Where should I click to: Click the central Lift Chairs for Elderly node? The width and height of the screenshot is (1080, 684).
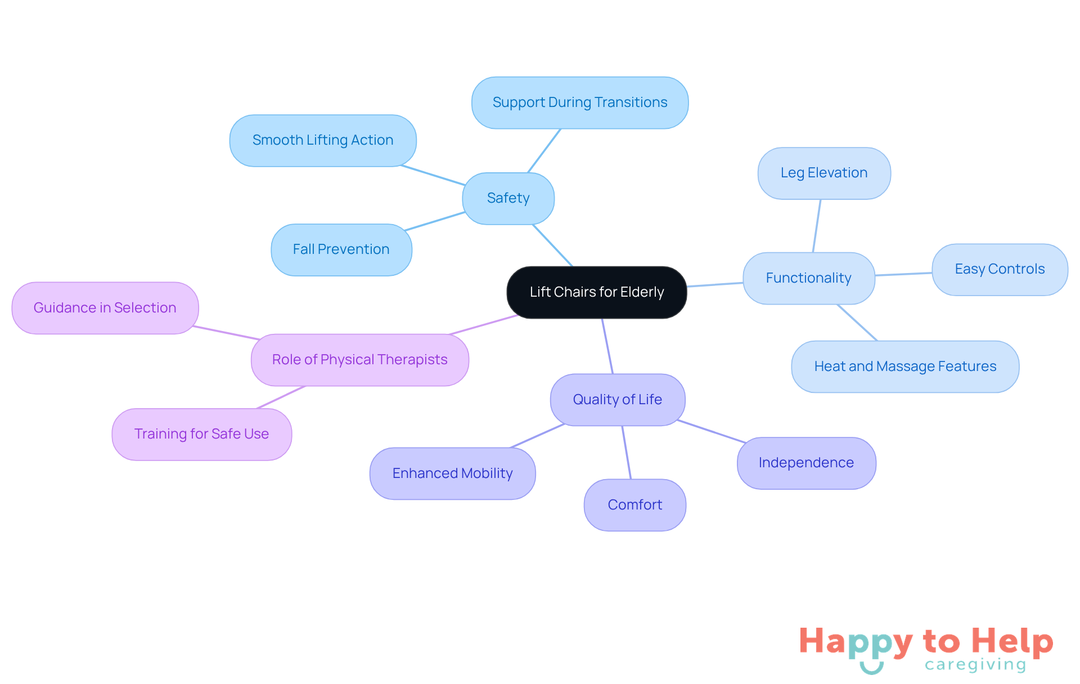tap(596, 292)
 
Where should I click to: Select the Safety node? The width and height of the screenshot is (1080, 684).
tap(508, 198)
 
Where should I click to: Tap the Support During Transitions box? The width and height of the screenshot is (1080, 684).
tap(579, 102)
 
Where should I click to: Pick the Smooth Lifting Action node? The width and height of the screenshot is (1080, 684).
tap(322, 140)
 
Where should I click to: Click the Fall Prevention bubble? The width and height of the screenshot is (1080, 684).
tap(341, 249)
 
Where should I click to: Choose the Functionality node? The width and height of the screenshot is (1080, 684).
tap(808, 278)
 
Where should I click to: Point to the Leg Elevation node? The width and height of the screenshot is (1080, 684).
tap(823, 173)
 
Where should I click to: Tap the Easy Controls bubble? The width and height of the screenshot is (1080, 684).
tap(1000, 269)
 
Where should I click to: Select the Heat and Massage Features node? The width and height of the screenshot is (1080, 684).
tap(904, 366)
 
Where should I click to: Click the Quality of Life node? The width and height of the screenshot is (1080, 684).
tap(617, 400)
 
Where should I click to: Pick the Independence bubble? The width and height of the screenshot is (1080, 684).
tap(805, 463)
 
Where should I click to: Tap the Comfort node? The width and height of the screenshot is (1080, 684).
tap(634, 505)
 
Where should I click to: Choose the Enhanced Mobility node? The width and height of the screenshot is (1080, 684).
tap(452, 473)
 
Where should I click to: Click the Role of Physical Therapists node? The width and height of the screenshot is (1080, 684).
tap(359, 360)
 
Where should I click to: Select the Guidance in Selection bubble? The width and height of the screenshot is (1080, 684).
tap(105, 308)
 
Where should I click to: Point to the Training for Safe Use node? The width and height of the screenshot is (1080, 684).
tap(201, 434)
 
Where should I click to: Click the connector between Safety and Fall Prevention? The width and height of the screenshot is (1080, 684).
tap(435, 221)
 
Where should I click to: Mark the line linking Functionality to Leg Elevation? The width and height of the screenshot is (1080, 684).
tap(817, 225)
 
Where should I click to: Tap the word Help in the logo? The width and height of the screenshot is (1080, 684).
tap(1012, 642)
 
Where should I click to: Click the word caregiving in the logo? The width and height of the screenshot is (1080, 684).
tap(975, 665)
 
